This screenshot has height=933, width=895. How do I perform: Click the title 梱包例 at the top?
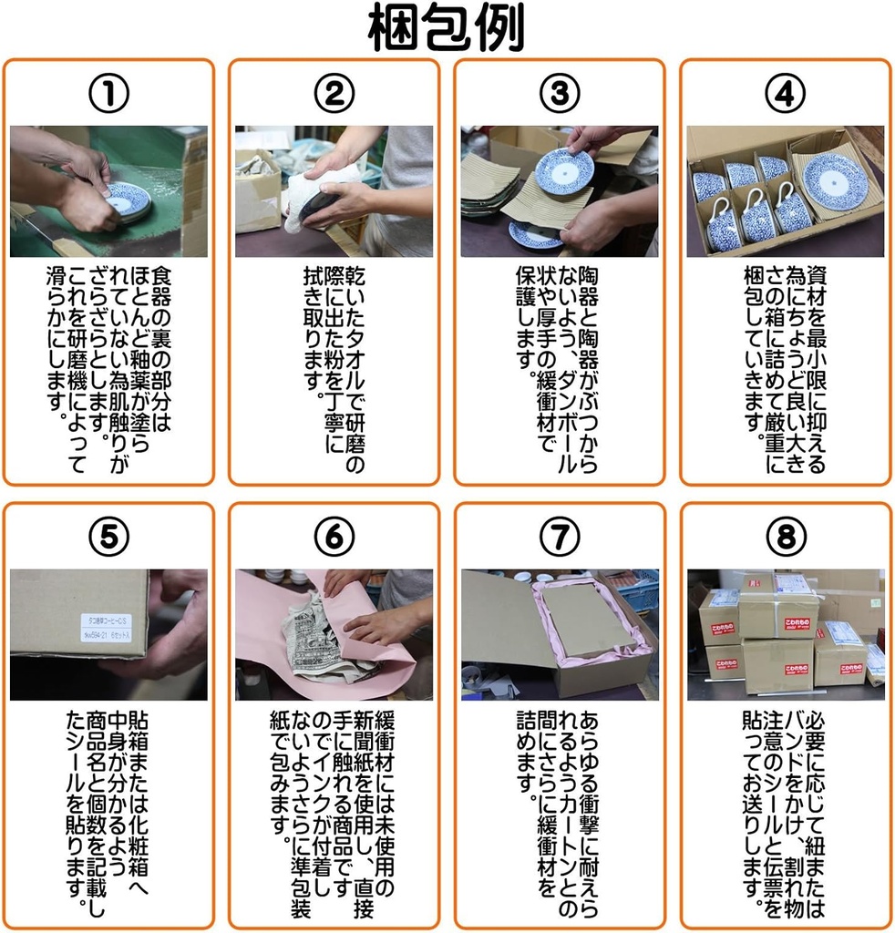[x=447, y=29]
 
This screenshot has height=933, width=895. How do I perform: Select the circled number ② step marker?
[x=334, y=93]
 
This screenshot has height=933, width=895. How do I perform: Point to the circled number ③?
[x=559, y=93]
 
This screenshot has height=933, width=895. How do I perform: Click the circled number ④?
[x=785, y=93]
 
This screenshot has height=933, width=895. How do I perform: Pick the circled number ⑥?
[x=334, y=538]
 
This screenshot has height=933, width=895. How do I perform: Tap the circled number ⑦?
[x=559, y=538]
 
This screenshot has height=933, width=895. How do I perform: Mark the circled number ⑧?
[x=785, y=538]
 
